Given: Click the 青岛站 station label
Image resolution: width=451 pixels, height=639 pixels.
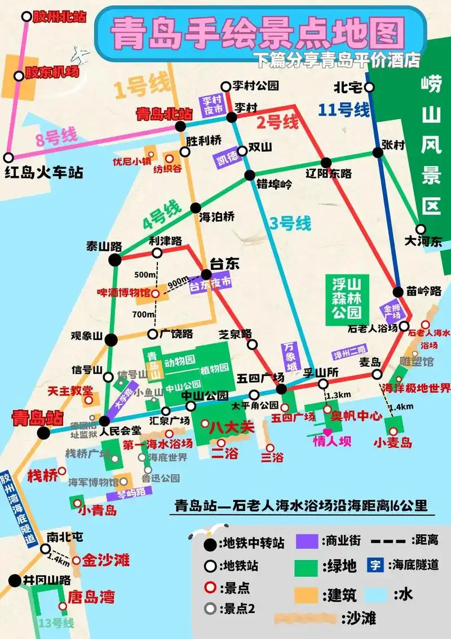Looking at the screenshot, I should point(37,418).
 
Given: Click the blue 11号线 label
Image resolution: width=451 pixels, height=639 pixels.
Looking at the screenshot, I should point(344,109).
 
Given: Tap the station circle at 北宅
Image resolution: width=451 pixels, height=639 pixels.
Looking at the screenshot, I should point(369,87).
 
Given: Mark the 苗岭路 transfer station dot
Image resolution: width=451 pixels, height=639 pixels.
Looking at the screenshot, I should point(398,292).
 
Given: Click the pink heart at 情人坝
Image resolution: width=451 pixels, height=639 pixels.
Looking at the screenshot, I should point(328,432).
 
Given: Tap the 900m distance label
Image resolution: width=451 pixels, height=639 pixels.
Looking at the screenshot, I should point(178,281).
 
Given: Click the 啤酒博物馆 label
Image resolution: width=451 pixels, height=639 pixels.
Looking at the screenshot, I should point(123,293).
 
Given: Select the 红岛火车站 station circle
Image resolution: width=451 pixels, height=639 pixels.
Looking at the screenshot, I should point(8,157).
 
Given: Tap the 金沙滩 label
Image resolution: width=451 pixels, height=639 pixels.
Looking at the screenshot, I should point(105,560).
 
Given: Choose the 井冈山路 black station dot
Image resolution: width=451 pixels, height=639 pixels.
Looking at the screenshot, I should point(15,580).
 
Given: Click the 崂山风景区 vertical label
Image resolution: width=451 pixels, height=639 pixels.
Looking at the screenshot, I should point(431,147).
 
